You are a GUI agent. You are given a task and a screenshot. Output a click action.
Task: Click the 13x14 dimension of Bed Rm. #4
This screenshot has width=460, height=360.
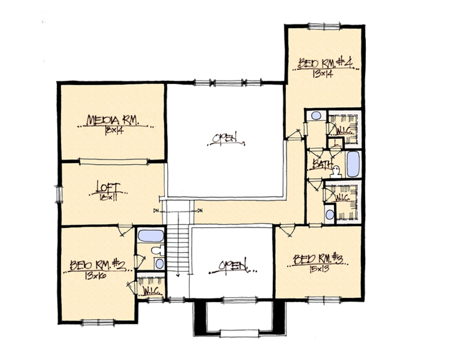click(325, 74)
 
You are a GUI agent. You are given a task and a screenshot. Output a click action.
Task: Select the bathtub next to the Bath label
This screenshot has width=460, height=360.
click(353, 164)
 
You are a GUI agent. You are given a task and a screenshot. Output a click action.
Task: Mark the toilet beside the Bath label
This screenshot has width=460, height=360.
click(337, 171)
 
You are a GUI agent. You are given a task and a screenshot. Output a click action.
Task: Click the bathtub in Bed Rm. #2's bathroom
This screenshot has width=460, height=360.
click(151, 236)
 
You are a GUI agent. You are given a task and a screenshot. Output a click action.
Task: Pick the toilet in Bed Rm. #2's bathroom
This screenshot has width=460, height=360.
click(157, 250)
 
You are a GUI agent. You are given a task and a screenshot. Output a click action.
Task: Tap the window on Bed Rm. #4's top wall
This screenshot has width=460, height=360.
click(324, 25)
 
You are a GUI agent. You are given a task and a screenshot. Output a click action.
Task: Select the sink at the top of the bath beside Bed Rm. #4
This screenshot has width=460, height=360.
click(316, 116)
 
